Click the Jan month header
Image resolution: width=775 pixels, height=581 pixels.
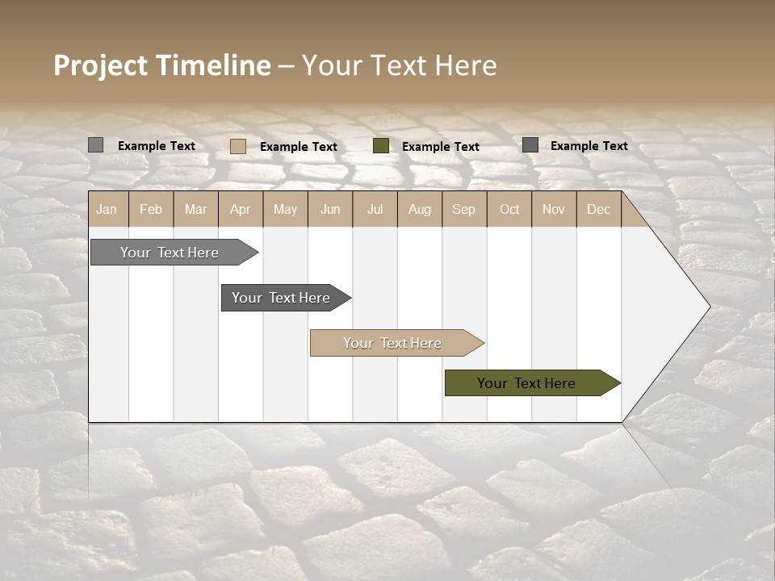point(107,209)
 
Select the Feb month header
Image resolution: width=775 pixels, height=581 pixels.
point(151,209)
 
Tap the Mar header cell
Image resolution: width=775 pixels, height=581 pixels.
point(195,209)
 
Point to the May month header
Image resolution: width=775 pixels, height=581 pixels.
point(285,209)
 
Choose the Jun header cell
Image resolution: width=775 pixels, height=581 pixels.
point(330,209)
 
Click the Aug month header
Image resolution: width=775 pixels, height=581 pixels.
point(419,209)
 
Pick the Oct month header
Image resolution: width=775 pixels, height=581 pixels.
point(509,209)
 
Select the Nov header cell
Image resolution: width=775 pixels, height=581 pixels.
point(554,209)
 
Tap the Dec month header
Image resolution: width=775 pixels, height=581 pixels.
point(598,209)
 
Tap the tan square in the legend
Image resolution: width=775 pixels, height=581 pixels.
point(237,146)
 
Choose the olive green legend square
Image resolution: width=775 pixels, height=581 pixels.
point(381,145)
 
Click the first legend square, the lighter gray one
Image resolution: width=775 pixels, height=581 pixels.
point(95,145)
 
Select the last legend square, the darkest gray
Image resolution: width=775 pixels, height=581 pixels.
point(530,144)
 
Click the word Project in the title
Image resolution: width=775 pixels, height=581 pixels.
point(99,65)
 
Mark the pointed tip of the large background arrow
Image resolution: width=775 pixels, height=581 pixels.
point(709,306)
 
